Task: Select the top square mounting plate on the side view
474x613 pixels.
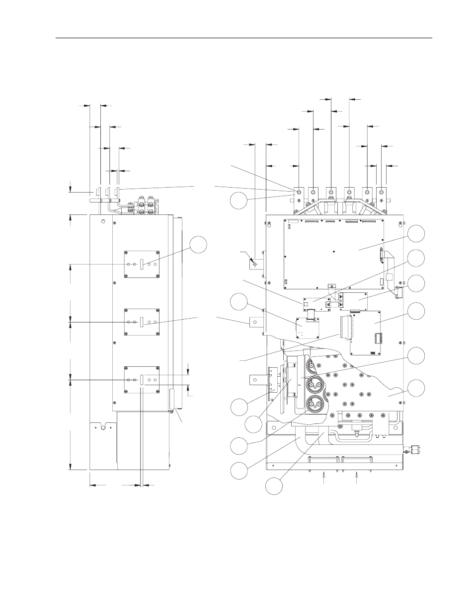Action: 142,265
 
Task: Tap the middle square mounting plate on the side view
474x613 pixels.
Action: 142,322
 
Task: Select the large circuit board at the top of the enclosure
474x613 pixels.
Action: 333,253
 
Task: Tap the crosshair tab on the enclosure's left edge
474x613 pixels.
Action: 255,265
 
